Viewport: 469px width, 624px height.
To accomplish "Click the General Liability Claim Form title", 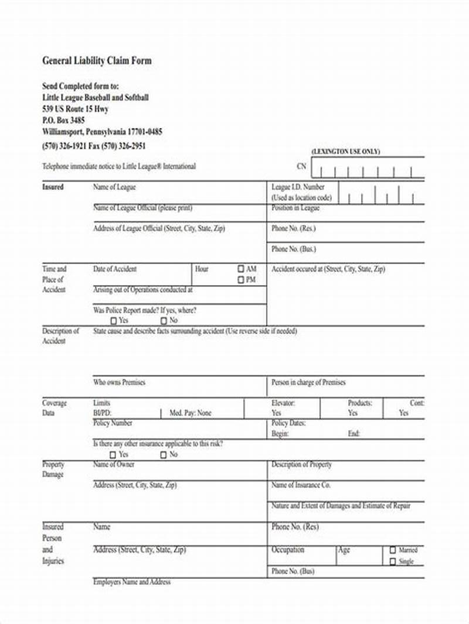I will [x=97, y=61].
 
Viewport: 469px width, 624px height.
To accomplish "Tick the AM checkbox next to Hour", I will [x=241, y=269].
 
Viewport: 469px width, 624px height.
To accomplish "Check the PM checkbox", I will [x=241, y=280].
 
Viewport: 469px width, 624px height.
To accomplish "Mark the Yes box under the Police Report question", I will [x=113, y=321].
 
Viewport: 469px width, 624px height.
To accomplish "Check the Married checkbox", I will [x=392, y=550].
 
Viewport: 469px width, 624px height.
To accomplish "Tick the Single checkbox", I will [x=392, y=562].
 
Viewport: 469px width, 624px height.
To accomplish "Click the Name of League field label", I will [x=114, y=187].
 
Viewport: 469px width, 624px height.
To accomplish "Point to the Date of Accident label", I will [x=115, y=269].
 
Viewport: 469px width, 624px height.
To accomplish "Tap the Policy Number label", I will [x=113, y=423].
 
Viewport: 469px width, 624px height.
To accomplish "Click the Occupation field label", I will [x=288, y=550].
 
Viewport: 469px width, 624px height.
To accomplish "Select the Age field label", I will [x=344, y=550].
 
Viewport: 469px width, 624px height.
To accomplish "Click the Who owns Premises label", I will [x=119, y=382].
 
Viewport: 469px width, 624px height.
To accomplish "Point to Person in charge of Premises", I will [x=308, y=382].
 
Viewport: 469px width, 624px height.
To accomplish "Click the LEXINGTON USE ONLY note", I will [x=346, y=152].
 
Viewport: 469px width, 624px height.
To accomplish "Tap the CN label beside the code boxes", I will [x=301, y=166].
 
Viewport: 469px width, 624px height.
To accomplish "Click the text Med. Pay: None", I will [x=190, y=413].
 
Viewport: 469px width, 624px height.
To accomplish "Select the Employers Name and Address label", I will [x=132, y=582].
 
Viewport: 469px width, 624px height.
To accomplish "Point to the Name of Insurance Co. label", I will [x=301, y=485].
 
